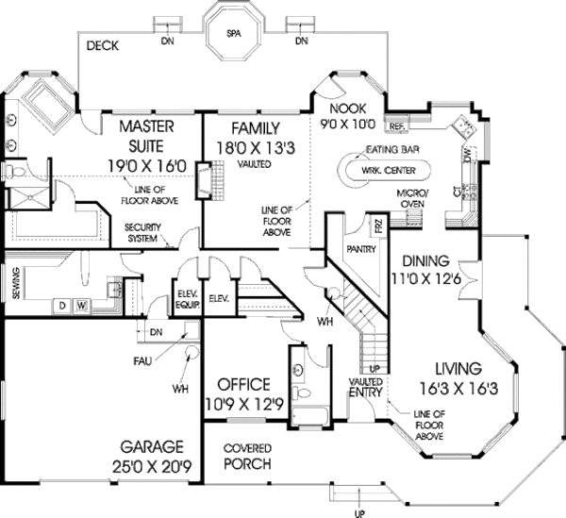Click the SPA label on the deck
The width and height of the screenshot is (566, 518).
point(233,34)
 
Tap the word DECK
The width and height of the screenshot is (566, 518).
point(101,44)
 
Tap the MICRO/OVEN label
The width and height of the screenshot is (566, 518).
point(412,198)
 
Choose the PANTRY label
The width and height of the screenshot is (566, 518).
point(361,250)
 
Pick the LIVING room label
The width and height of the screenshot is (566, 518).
point(459,368)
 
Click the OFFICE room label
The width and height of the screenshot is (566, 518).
point(243,384)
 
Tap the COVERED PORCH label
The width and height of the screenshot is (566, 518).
point(247,455)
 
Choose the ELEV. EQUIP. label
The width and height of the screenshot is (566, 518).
point(185,298)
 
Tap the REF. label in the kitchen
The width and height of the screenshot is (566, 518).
point(396,125)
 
